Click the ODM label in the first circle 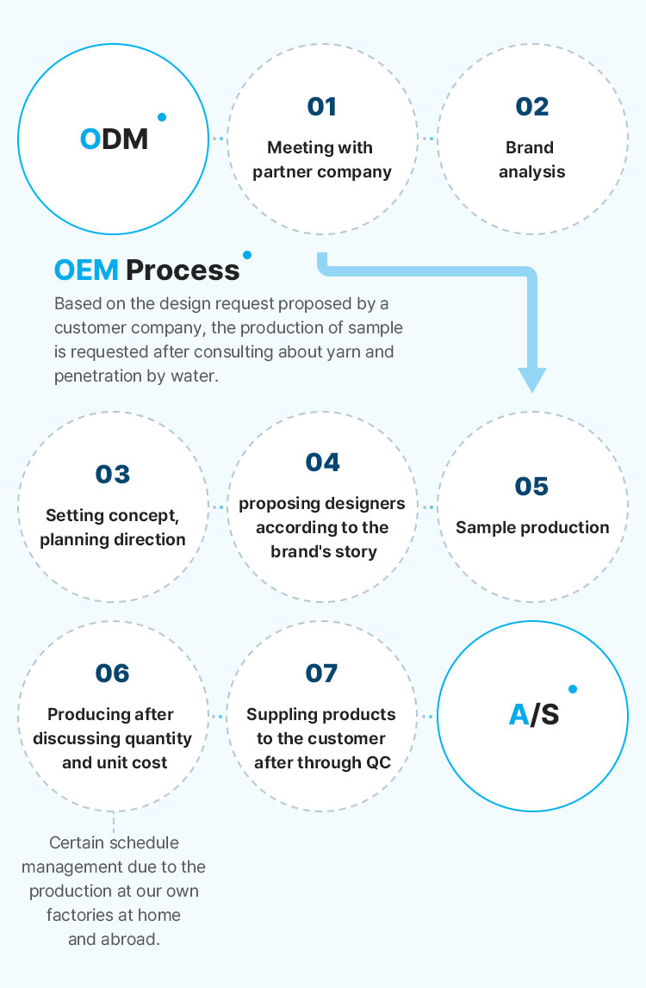pyautogui.click(x=114, y=139)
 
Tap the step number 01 pyautogui.click(x=321, y=107)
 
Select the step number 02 pyautogui.click(x=532, y=107)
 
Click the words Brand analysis pyautogui.click(x=531, y=159)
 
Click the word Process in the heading pyautogui.click(x=183, y=270)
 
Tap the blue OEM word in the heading pyautogui.click(x=86, y=270)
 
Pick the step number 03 pyautogui.click(x=112, y=474)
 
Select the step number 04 pyautogui.click(x=322, y=462)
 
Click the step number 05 pyautogui.click(x=531, y=486)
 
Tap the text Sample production pyautogui.click(x=532, y=527)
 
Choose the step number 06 pyautogui.click(x=112, y=673)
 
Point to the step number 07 pyautogui.click(x=321, y=673)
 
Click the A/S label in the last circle pyautogui.click(x=534, y=715)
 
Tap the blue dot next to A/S pyautogui.click(x=573, y=689)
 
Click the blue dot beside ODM pyautogui.click(x=162, y=117)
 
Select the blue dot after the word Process pyautogui.click(x=247, y=255)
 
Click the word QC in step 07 pyautogui.click(x=378, y=762)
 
